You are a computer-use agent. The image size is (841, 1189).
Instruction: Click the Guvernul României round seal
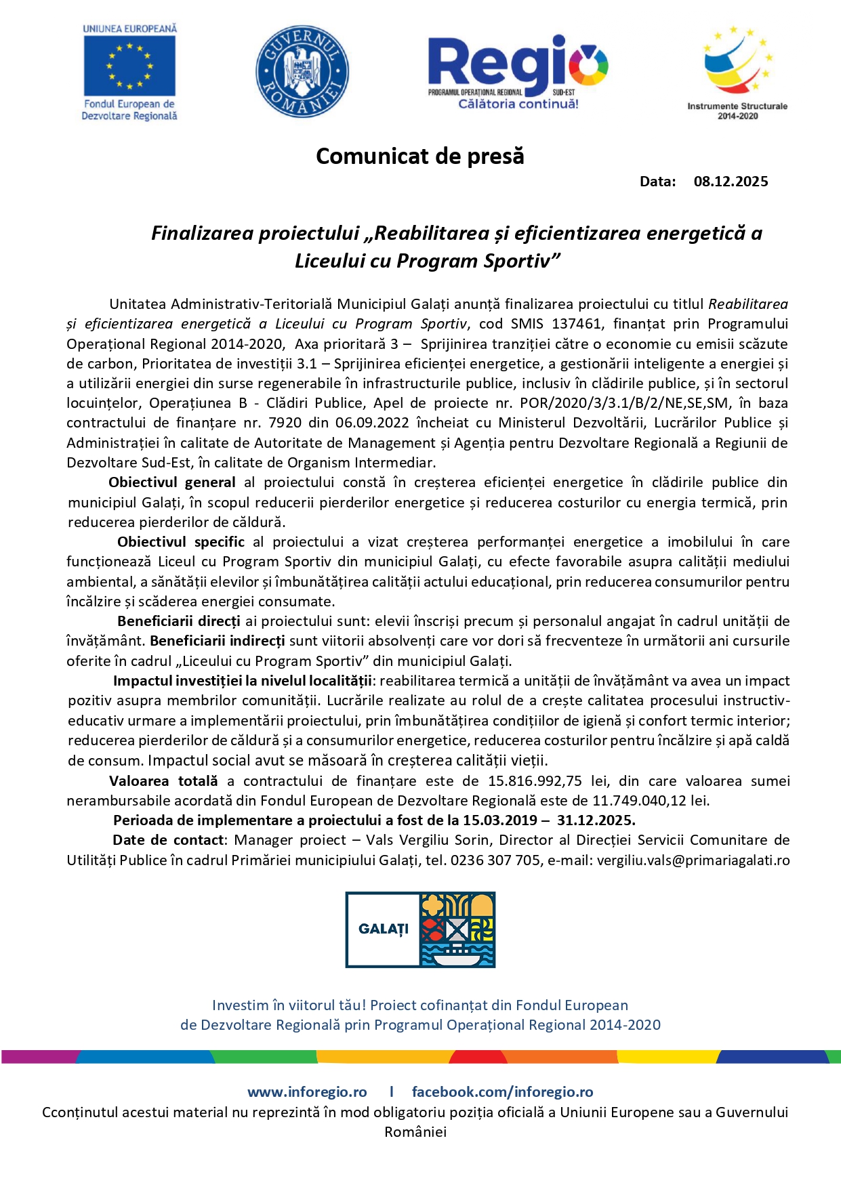[x=302, y=72]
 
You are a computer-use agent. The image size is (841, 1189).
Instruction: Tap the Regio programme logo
[x=518, y=72]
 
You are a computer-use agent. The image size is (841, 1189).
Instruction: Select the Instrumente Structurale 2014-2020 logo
[x=737, y=72]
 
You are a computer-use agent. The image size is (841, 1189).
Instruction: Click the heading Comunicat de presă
[x=420, y=157]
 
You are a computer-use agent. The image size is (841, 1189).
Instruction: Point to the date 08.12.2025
[x=731, y=182]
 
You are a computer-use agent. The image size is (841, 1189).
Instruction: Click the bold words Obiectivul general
[x=172, y=482]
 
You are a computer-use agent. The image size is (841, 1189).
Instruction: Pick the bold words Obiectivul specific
[x=181, y=542]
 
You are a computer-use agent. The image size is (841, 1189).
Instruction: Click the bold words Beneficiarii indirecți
[x=218, y=641]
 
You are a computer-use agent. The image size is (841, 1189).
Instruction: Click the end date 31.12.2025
[x=596, y=820]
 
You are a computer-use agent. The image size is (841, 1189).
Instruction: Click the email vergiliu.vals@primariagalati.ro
[x=693, y=860]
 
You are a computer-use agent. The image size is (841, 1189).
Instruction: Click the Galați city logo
[x=420, y=930]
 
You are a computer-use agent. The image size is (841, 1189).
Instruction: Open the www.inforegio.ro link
[x=307, y=1092]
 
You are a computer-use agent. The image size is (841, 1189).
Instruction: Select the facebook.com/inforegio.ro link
[x=502, y=1092]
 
